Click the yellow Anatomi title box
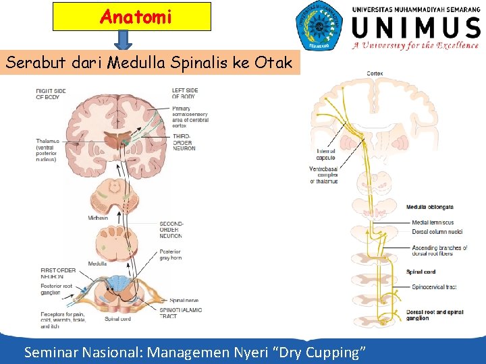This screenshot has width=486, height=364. (x=132, y=17)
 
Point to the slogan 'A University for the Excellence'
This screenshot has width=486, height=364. (x=414, y=47)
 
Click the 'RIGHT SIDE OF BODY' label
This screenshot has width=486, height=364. (x=52, y=94)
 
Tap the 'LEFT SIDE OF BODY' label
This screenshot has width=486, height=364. (x=184, y=94)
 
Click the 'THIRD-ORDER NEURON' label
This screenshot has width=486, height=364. (x=184, y=142)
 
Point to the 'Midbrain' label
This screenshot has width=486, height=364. (x=97, y=218)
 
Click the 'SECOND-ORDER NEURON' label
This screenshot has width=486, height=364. (x=171, y=230)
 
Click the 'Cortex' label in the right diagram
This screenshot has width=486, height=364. (x=375, y=73)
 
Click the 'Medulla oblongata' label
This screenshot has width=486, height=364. (x=429, y=207)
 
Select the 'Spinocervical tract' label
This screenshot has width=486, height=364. (x=434, y=287)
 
